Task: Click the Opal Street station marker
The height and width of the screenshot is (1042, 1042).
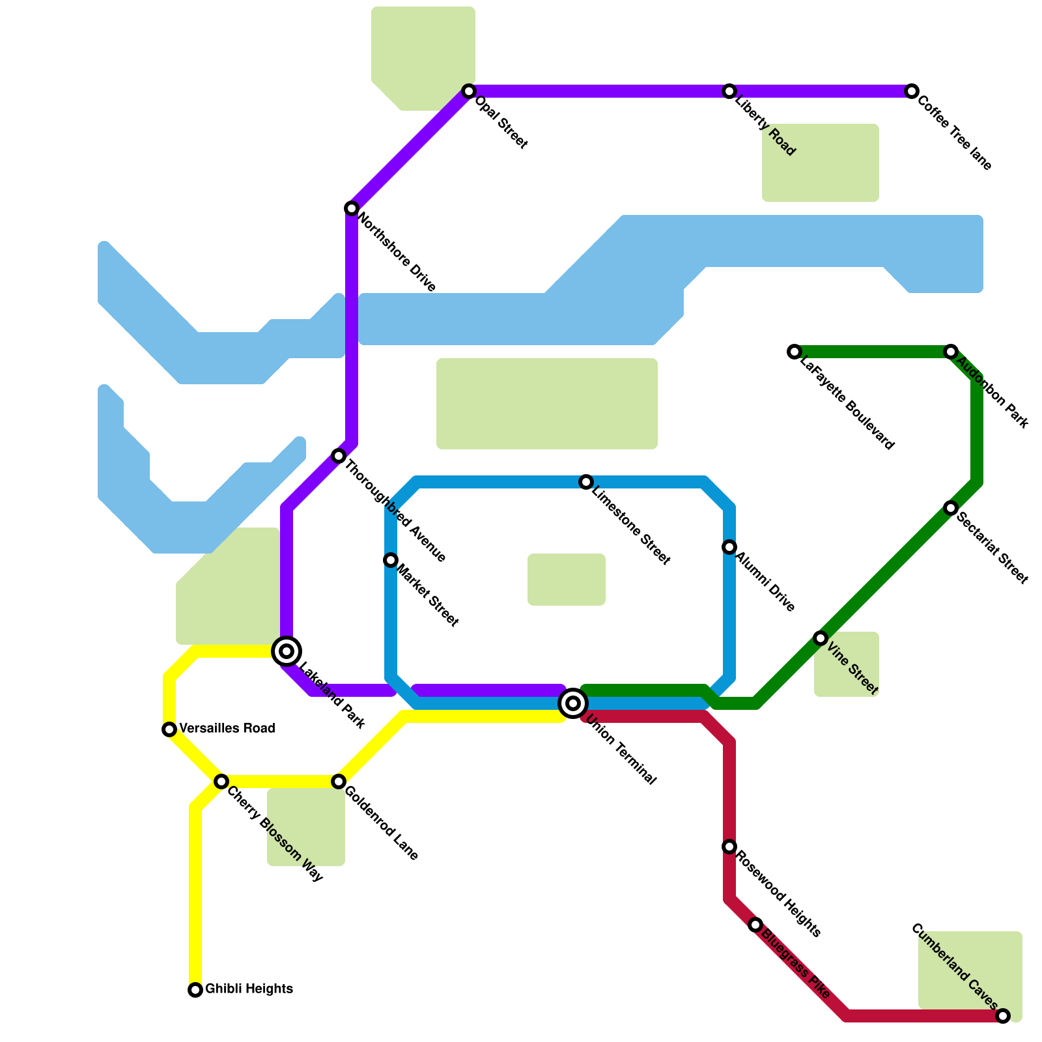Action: (469, 91)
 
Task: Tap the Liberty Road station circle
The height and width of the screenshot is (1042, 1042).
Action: (729, 91)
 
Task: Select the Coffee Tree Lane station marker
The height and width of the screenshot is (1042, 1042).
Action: (912, 91)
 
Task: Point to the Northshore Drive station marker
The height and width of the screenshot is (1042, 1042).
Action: (352, 208)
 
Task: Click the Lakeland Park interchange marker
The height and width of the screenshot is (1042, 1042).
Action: (287, 651)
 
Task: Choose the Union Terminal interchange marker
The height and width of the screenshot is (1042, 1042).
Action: (573, 703)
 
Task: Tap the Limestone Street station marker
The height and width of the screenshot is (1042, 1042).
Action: (586, 482)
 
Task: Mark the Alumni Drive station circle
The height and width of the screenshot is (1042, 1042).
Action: (729, 547)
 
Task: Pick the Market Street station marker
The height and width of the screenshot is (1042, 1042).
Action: (391, 560)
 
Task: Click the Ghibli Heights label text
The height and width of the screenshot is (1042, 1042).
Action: (249, 989)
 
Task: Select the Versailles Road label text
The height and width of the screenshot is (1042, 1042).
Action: (227, 728)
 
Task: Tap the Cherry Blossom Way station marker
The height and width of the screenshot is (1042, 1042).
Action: (221, 781)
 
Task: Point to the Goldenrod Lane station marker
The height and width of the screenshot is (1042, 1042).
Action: (339, 781)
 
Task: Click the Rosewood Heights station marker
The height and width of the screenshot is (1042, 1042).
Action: (729, 847)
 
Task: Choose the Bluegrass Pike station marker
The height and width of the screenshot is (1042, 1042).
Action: (755, 925)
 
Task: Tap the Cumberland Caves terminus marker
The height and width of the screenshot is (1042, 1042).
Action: (1003, 1016)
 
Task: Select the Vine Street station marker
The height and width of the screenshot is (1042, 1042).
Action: (821, 638)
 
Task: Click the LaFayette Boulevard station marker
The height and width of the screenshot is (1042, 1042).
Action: (794, 352)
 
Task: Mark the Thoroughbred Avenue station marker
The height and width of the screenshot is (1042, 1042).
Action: (339, 456)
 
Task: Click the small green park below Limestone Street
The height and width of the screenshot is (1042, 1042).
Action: (567, 580)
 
